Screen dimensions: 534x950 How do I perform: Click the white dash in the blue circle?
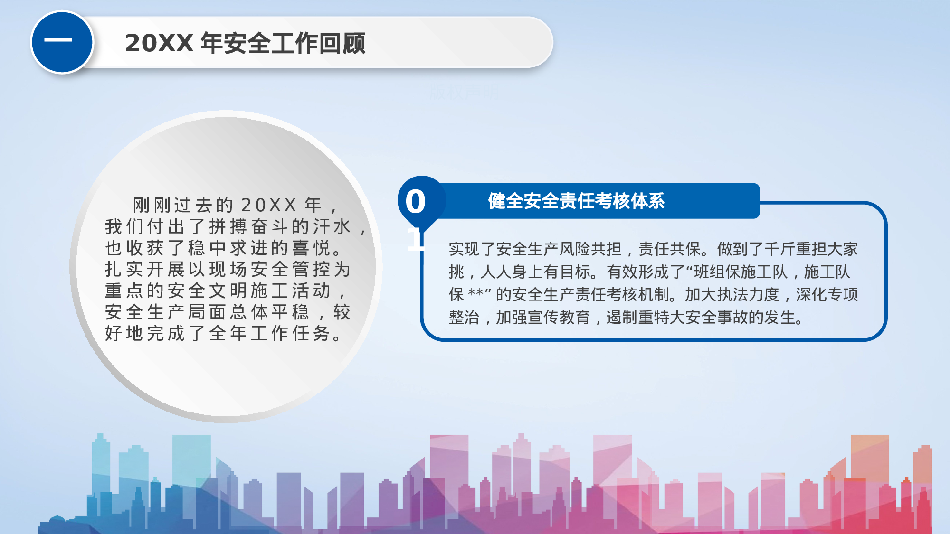tap(58, 40)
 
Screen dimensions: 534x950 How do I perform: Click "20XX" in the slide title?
tap(159, 43)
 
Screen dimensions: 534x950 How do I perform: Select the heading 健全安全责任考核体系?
tap(576, 201)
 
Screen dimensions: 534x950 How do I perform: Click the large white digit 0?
tap(415, 202)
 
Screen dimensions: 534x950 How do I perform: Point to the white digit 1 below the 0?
tap(415, 239)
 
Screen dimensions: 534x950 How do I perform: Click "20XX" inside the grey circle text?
tap(269, 205)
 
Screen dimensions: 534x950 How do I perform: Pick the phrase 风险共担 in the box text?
tap(590, 249)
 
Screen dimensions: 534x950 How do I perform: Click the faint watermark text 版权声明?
tap(464, 92)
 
